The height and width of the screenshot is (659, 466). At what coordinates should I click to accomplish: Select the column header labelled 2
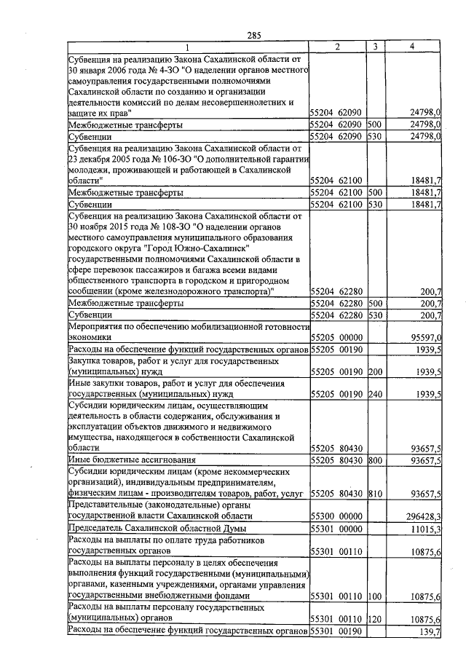pos(338,47)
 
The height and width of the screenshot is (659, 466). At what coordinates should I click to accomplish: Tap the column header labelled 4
pos(412,47)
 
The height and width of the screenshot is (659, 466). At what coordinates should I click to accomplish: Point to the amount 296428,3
pos(422,515)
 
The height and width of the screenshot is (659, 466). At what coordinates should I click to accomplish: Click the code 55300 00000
pos(336,515)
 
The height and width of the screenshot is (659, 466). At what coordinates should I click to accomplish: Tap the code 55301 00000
pos(336,528)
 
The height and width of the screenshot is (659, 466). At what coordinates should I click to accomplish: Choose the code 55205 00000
pos(336,338)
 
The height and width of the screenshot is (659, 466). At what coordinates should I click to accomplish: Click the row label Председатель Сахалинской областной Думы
pos(156,528)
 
